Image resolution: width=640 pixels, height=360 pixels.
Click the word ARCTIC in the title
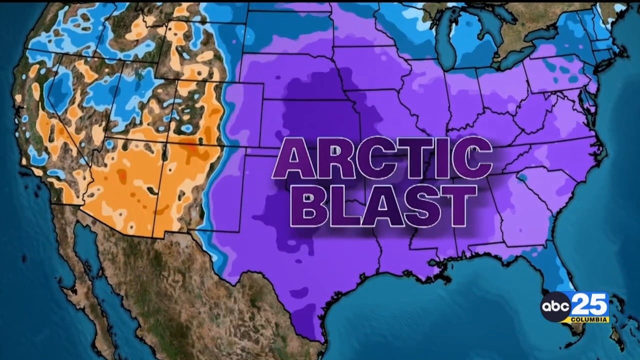[382, 159]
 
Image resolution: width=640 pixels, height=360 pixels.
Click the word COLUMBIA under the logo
[591, 319]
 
